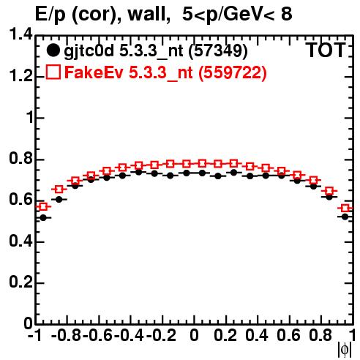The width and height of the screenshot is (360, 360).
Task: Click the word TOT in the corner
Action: coord(326,50)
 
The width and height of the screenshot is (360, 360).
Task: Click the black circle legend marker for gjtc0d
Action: coord(53,50)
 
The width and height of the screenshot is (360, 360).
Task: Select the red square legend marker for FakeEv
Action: coord(53,72)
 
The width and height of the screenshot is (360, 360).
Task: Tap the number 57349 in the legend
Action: coord(218,50)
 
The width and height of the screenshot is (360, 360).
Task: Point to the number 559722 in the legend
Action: coord(233,72)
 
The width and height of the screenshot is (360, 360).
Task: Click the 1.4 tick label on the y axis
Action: coord(20,35)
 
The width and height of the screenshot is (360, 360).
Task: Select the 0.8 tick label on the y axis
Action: coord(20,159)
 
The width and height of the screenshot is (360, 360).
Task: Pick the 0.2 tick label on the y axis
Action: coord(20,282)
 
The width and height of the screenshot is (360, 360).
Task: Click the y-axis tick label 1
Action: coord(30,118)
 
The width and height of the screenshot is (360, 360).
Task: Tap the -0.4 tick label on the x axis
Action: coord(130,335)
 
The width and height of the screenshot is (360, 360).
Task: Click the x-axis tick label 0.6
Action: coord(289,335)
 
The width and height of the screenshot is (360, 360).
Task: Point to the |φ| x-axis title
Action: coord(345,350)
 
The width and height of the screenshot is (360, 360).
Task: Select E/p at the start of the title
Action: coord(50,15)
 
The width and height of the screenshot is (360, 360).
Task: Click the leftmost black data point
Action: coord(43,218)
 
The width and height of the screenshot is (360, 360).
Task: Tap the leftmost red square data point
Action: coord(43,207)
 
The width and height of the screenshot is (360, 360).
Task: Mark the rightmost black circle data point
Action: coord(345,217)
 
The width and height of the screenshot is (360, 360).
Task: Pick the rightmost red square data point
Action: coord(345,209)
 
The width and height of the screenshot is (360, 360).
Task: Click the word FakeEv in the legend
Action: coord(94,72)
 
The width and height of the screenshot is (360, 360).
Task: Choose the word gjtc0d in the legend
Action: coord(89,51)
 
